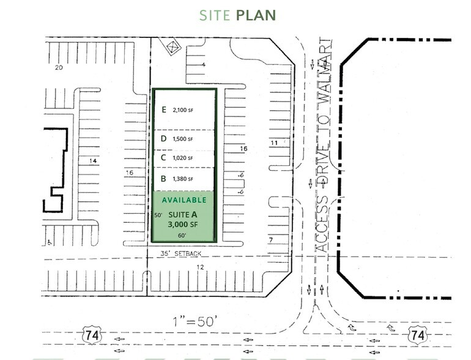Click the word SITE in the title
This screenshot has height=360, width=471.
coord(215,15)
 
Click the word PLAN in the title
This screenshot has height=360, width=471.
coord(256,15)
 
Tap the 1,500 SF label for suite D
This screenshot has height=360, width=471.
coord(182,139)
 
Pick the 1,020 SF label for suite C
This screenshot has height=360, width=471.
coord(182,158)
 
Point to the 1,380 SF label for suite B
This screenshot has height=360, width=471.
coord(182,179)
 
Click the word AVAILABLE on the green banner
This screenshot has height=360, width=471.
coord(184,200)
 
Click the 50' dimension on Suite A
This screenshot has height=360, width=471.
coord(158,215)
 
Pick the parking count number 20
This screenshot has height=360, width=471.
coord(59,67)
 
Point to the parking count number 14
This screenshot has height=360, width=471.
coord(94,161)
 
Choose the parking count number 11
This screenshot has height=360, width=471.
coord(274,143)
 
